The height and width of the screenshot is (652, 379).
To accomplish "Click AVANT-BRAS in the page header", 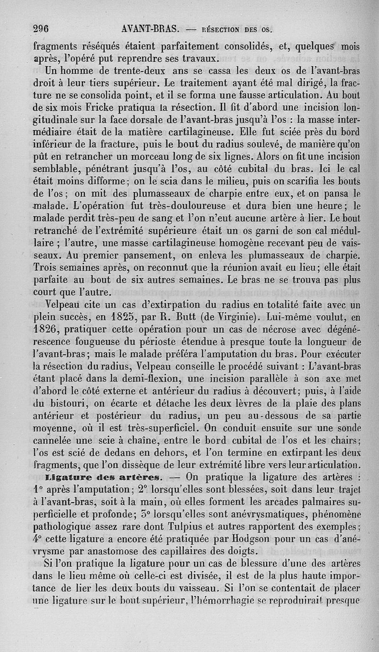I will (x=149, y=28).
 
